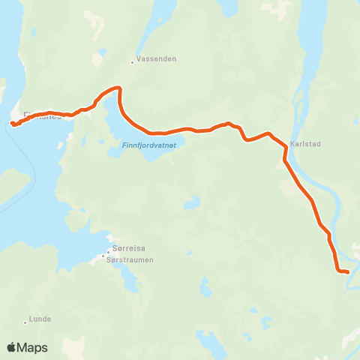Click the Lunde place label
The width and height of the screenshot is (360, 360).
(40, 319)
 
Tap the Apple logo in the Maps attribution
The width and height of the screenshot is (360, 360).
(11, 347)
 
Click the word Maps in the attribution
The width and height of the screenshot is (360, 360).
(33, 347)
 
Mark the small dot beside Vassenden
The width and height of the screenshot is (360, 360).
(132, 62)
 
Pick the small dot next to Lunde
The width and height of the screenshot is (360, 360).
(25, 323)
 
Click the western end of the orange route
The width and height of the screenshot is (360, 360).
(13, 124)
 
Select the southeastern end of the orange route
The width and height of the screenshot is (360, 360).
(348, 271)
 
